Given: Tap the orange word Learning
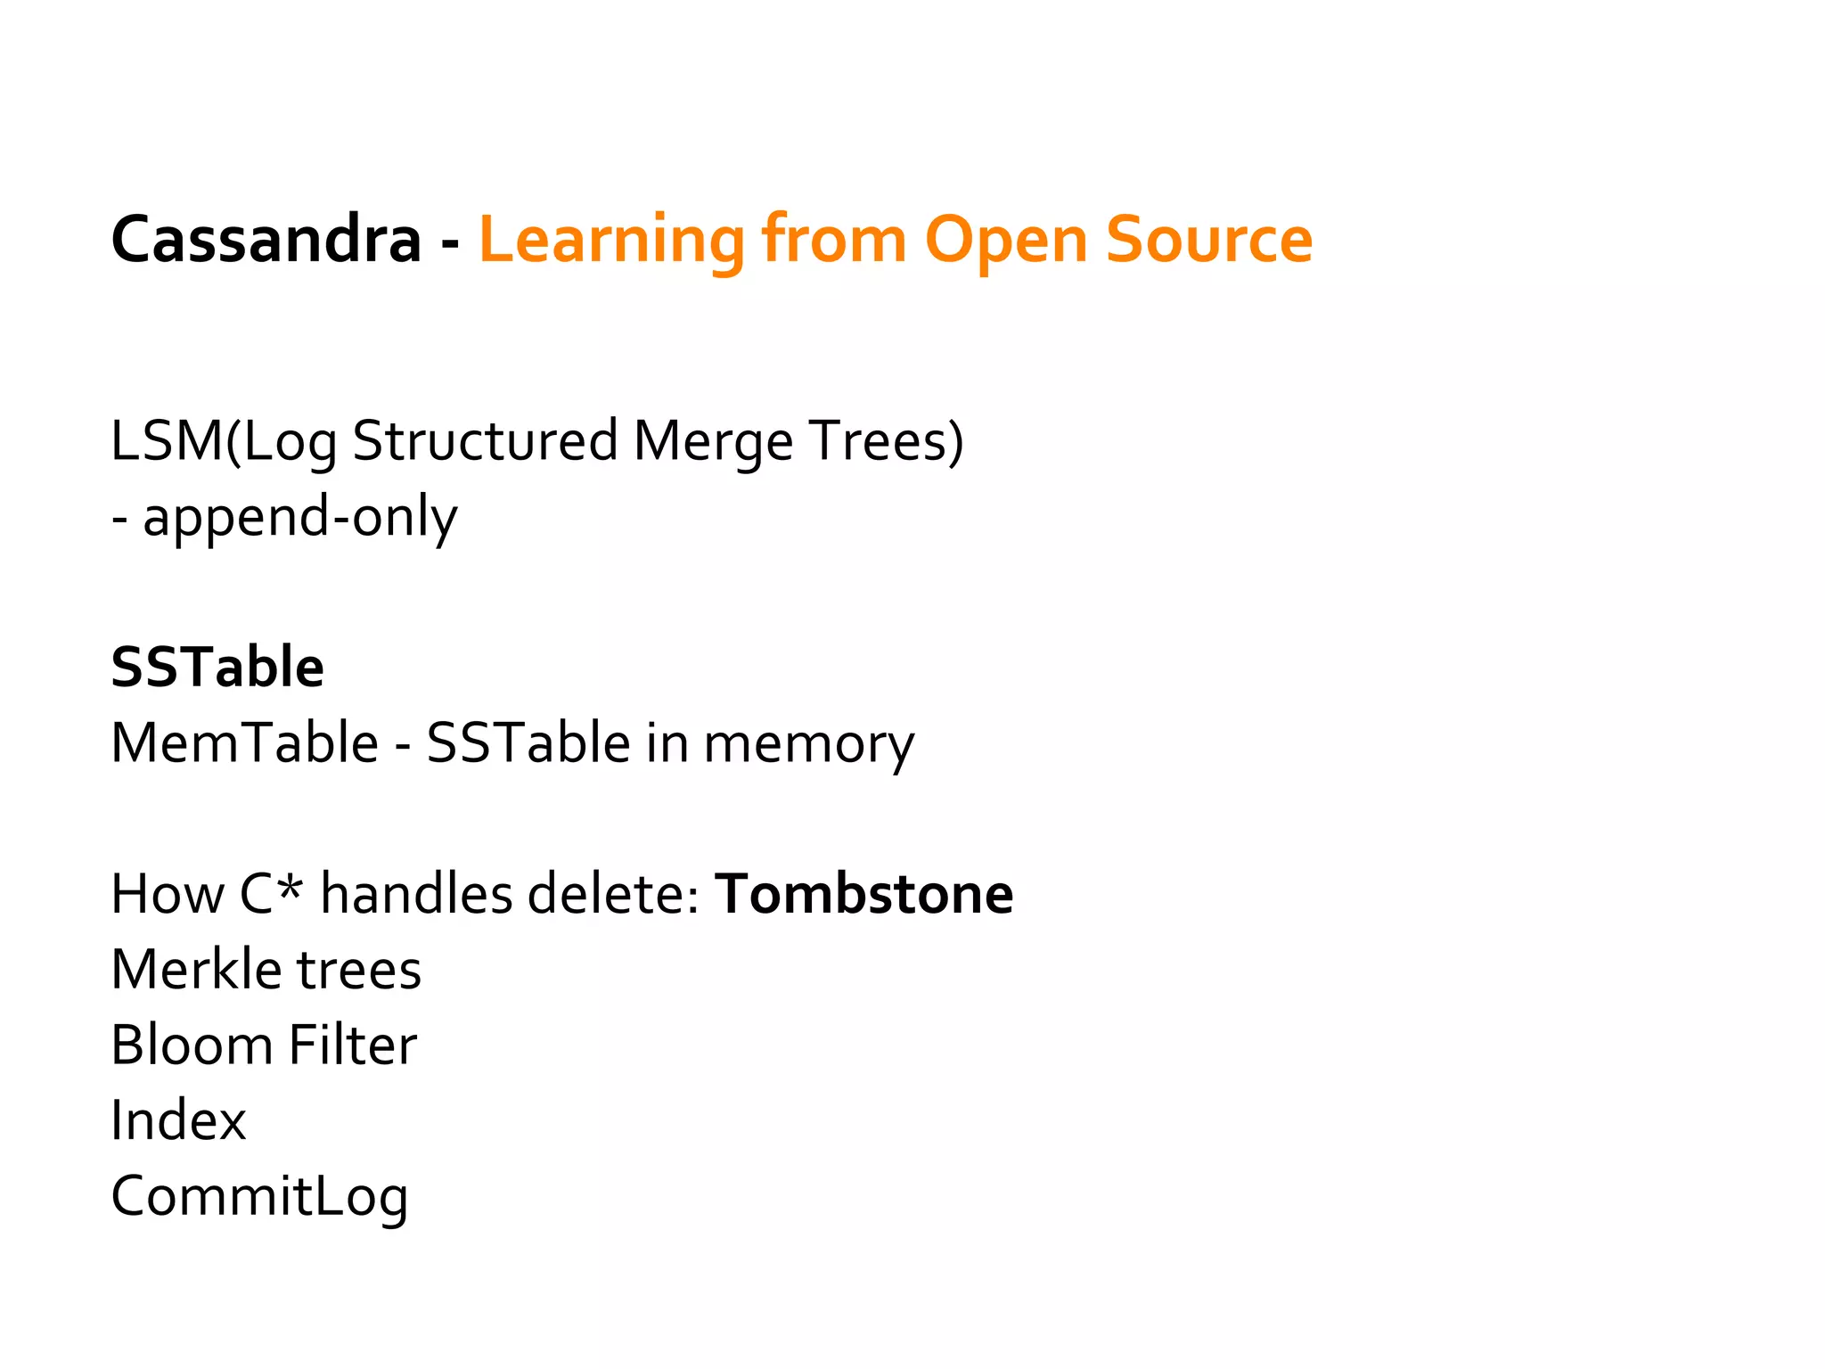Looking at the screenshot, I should click(611, 241).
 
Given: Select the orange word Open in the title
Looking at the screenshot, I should click(1005, 241).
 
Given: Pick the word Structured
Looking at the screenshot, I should click(485, 440).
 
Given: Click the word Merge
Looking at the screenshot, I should click(713, 442).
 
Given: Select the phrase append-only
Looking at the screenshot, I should click(300, 517).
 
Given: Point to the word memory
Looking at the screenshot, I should click(808, 745).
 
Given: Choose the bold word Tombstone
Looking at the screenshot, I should click(864, 894).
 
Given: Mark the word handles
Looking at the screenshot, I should click(416, 894).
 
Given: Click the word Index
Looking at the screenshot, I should click(178, 1120).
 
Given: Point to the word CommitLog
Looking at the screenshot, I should click(259, 1197).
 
